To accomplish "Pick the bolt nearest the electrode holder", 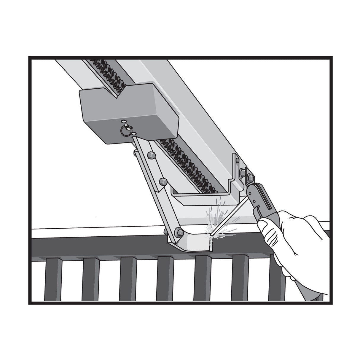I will point(251,178).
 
